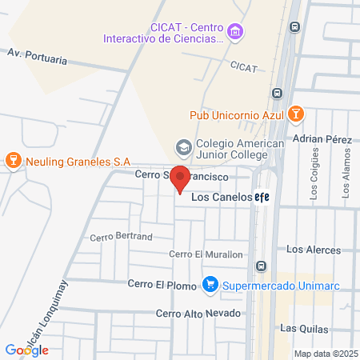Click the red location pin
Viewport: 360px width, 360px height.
pyautogui.click(x=182, y=179)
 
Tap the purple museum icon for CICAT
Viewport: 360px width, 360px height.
pyautogui.click(x=234, y=33)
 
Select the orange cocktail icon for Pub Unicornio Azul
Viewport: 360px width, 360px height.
pyautogui.click(x=295, y=114)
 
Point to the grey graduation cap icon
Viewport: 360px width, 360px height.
pyautogui.click(x=182, y=148)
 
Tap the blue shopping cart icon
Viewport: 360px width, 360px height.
pyautogui.click(x=210, y=284)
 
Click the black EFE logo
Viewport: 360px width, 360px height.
pyautogui.click(x=262, y=198)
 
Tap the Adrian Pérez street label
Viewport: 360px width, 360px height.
pyautogui.click(x=322, y=139)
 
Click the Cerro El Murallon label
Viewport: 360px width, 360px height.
pyautogui.click(x=206, y=254)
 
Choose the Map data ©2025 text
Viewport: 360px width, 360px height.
pyautogui.click(x=325, y=354)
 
